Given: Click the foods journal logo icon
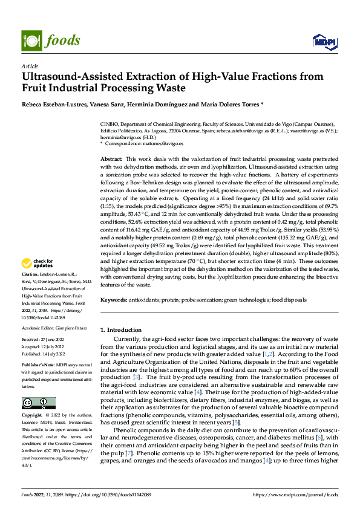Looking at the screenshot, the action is pos(31,40).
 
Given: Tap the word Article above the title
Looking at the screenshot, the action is pos(29,66).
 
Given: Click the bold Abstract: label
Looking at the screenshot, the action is pos(112,157).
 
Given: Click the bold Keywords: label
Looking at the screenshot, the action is pos(114,300).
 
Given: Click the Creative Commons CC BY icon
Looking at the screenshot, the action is pos(38,386).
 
